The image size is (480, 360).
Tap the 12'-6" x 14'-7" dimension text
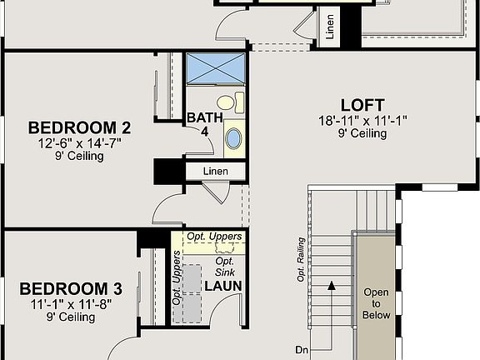pyautogui.click(x=80, y=142)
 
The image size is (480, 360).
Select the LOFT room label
pyautogui.click(x=362, y=106)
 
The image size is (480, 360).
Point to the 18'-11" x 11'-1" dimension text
pyautogui.click(x=362, y=121)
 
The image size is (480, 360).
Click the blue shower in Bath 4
pyautogui.click(x=216, y=67)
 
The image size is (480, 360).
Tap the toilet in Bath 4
pyautogui.click(x=238, y=104)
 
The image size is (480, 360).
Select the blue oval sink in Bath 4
pyautogui.click(x=235, y=137)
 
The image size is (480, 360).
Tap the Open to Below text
pyautogui.click(x=376, y=304)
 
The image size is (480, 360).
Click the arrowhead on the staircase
pyautogui.click(x=332, y=285)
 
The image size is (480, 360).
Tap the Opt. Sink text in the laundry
pyautogui.click(x=223, y=267)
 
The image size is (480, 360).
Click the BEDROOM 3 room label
pyautogui.click(x=71, y=289)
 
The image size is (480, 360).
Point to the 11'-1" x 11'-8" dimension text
pyautogui.click(x=71, y=303)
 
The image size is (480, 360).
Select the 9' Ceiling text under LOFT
pyautogui.click(x=362, y=134)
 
